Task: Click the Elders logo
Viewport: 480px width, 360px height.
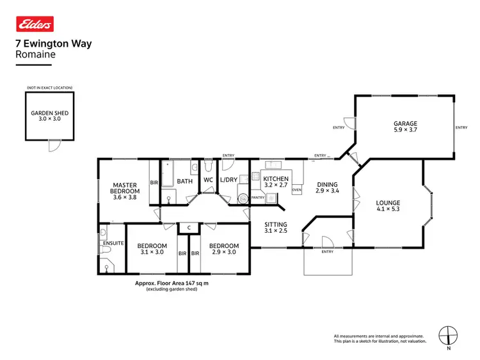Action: pyautogui.click(x=35, y=24)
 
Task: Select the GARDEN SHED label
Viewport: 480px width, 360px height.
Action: pyautogui.click(x=49, y=113)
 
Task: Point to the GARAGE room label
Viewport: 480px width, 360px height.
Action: pyautogui.click(x=405, y=123)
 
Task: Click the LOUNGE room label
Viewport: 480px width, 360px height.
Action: pyautogui.click(x=388, y=203)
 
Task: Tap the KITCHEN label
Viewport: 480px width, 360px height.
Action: pyautogui.click(x=276, y=179)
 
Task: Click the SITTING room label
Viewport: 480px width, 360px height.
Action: pyautogui.click(x=276, y=225)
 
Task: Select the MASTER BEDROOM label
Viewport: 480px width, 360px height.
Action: pyautogui.click(x=124, y=188)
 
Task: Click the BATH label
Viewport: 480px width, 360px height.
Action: pyautogui.click(x=184, y=181)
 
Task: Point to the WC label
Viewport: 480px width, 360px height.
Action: pyautogui.click(x=208, y=180)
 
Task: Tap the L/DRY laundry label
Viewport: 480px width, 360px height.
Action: pyautogui.click(x=228, y=180)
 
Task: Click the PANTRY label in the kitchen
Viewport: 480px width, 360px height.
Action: pyautogui.click(x=258, y=198)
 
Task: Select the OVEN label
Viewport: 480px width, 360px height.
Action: pyautogui.click(x=296, y=190)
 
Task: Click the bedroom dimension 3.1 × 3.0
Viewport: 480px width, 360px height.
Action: pyautogui.click(x=152, y=253)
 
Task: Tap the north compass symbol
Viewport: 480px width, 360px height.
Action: pyautogui.click(x=449, y=334)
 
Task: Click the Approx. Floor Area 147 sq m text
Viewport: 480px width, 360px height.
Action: pyautogui.click(x=171, y=283)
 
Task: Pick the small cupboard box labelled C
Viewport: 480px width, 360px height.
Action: pyautogui.click(x=189, y=227)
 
